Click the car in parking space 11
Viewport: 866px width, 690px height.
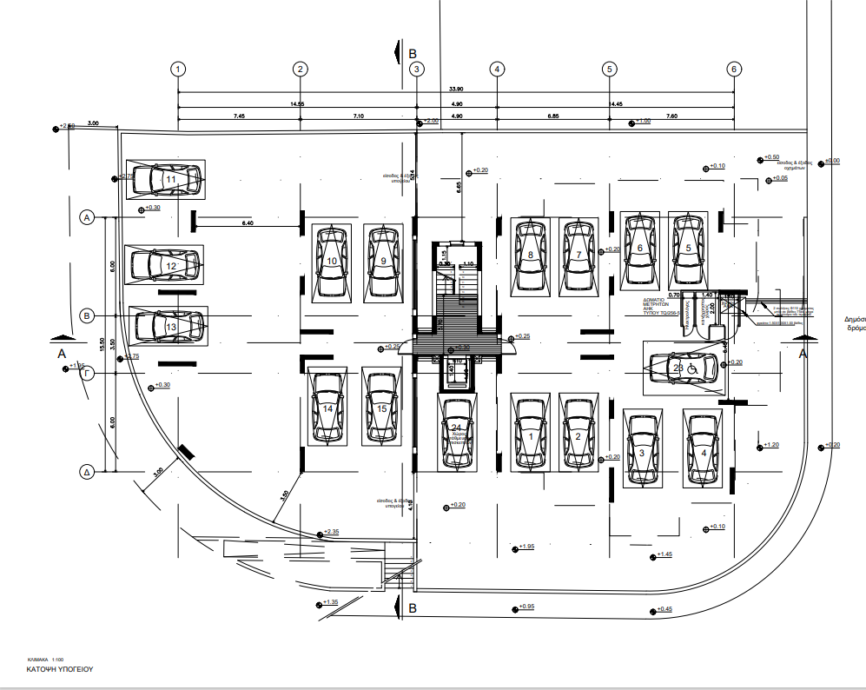pyautogui.click(x=166, y=179)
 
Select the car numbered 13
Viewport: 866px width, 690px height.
pyautogui.click(x=169, y=326)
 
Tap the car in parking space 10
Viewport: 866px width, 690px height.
pyautogui.click(x=332, y=261)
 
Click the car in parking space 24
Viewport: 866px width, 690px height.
pyautogui.click(x=457, y=432)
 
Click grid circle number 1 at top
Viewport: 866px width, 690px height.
pyautogui.click(x=178, y=69)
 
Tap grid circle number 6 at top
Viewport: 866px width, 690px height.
pyautogui.click(x=734, y=69)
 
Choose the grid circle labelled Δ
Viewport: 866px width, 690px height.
pyautogui.click(x=87, y=473)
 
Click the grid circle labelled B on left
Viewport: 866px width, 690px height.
pyautogui.click(x=87, y=315)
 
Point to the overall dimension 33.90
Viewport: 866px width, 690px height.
pyautogui.click(x=455, y=88)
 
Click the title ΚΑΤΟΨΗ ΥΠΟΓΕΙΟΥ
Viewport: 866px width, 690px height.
pyautogui.click(x=59, y=670)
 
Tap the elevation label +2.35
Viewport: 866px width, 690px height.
pyautogui.click(x=332, y=532)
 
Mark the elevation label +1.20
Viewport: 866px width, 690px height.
pyautogui.click(x=771, y=445)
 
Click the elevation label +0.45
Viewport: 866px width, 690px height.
pyautogui.click(x=664, y=609)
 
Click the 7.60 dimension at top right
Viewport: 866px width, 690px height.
pyautogui.click(x=671, y=116)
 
